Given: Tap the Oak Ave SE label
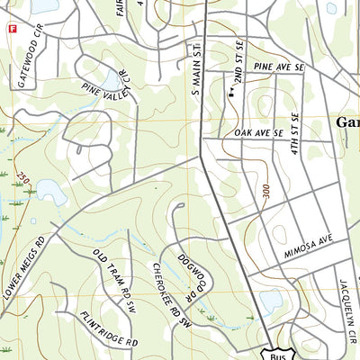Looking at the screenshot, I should tap(258, 133).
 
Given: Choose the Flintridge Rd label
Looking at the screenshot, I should tap(108, 329).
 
